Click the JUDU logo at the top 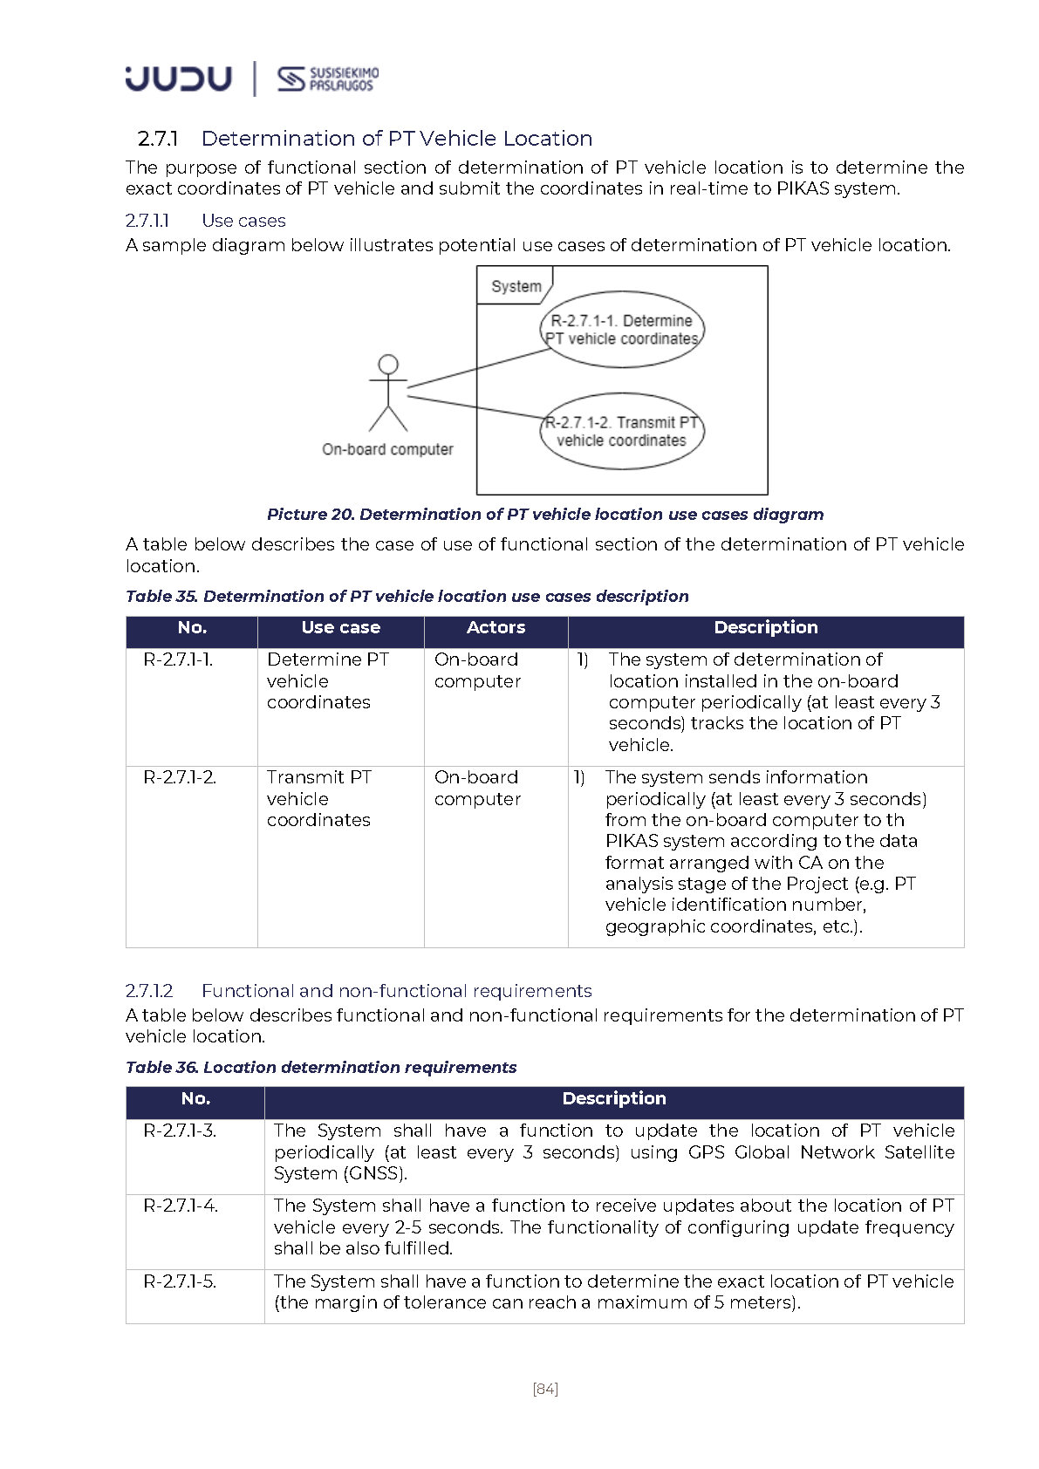click(x=178, y=79)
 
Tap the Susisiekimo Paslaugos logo click(x=328, y=79)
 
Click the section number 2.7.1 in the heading click(x=158, y=139)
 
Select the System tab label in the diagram click(x=516, y=286)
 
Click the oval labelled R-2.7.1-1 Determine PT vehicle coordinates click(x=621, y=330)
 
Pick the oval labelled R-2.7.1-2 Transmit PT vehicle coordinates click(x=621, y=432)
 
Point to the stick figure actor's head click(x=388, y=365)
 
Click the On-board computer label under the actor click(x=387, y=449)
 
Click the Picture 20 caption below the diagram click(x=544, y=515)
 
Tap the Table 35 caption click(x=407, y=597)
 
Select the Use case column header click(x=340, y=628)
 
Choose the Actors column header click(x=496, y=628)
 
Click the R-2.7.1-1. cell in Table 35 click(x=178, y=660)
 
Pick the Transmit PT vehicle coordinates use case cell click(x=318, y=798)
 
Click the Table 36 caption click(x=321, y=1068)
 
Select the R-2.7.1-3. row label click(x=180, y=1131)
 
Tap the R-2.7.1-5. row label click(x=180, y=1282)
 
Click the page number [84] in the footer click(x=545, y=1389)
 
